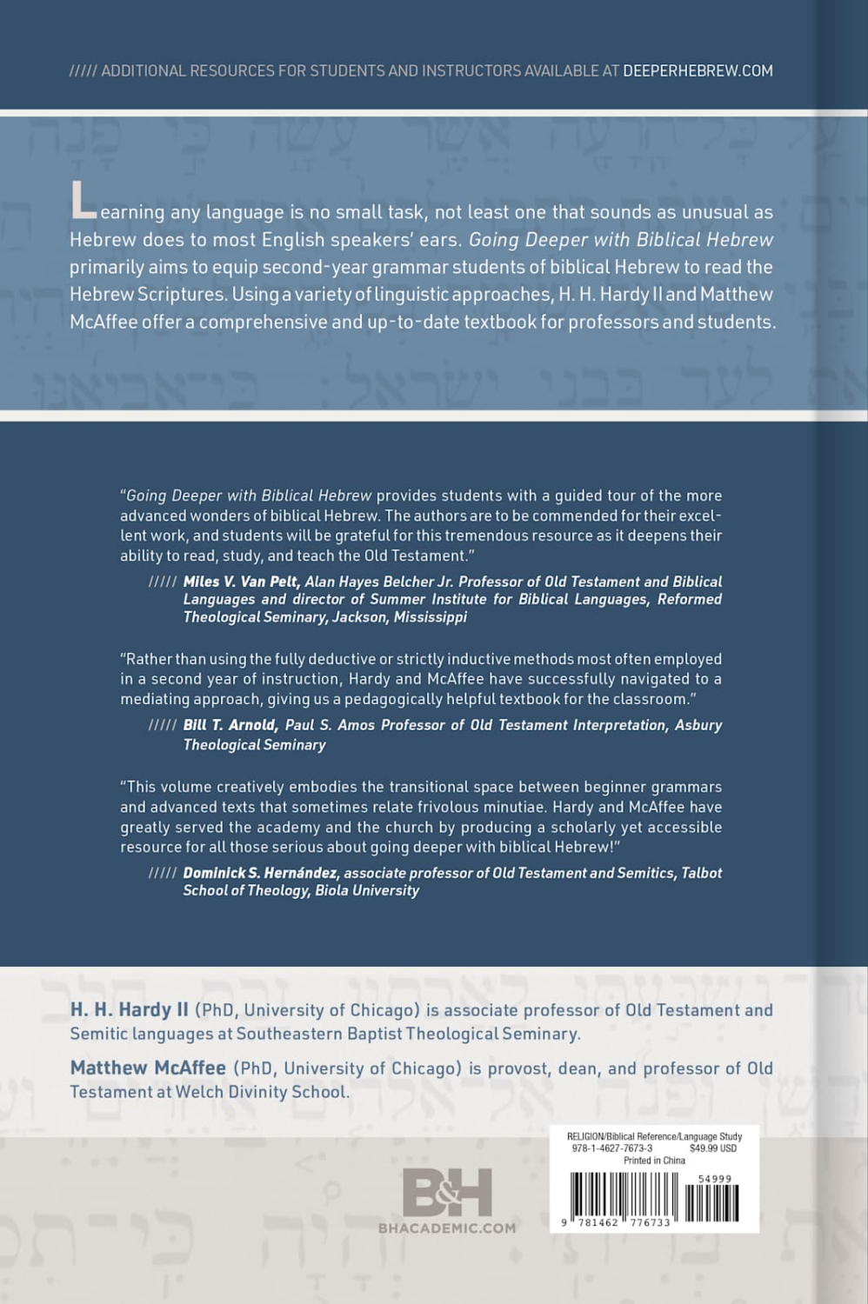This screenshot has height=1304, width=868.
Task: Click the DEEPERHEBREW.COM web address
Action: coord(698,71)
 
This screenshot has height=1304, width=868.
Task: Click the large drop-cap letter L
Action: coord(83,202)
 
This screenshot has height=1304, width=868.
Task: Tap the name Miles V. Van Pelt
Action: coord(241,582)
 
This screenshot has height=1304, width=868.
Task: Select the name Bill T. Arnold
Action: coord(230,725)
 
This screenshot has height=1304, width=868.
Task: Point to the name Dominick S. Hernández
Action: coord(261,873)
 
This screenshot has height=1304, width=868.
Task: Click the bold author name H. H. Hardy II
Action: coord(129,1010)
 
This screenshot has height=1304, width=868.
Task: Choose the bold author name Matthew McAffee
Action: coord(148,1068)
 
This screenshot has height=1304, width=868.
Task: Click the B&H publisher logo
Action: coord(447,1193)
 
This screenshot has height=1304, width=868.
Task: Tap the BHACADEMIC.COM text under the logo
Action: coord(447,1228)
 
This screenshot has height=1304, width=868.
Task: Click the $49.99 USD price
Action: coord(712,1148)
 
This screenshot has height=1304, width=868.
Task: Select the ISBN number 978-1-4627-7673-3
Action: coord(612,1148)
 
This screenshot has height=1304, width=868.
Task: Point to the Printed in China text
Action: coord(654,1161)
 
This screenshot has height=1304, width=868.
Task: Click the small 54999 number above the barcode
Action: coord(715,1179)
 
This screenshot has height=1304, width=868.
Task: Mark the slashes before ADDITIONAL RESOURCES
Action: coord(83,71)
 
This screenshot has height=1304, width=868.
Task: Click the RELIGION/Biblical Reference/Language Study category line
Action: coord(654,1136)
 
